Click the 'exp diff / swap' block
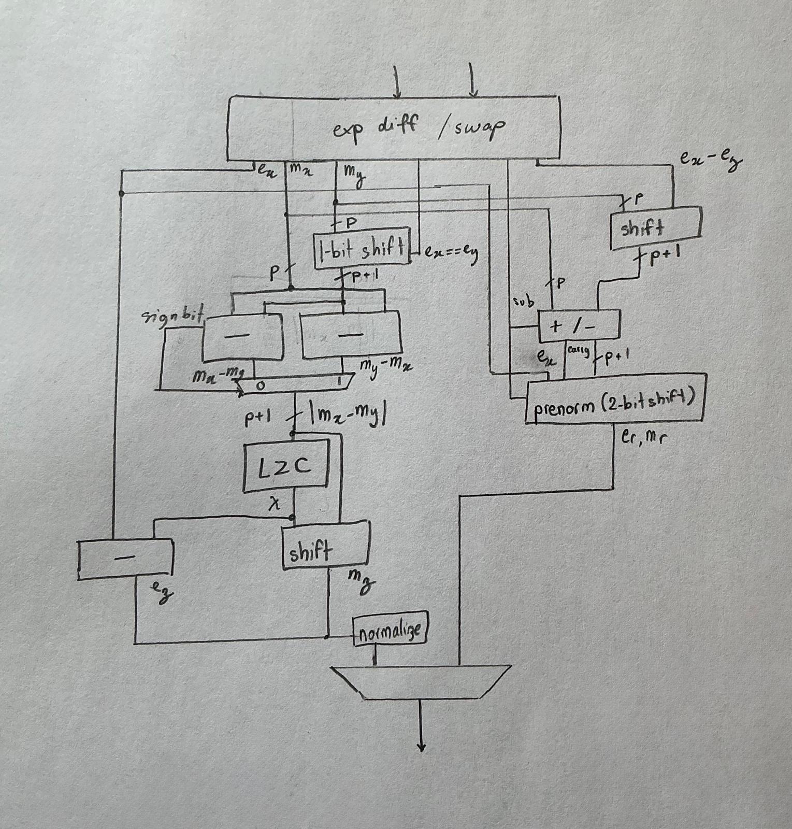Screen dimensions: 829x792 click(394, 127)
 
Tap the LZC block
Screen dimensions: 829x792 click(285, 466)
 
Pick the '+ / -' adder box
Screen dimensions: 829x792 click(579, 326)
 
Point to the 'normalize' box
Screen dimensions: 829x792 click(390, 630)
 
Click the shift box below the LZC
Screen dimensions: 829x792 click(325, 547)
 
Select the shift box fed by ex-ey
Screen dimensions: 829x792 click(656, 228)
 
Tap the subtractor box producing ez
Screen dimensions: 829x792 click(125, 559)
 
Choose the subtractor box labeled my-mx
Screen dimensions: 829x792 click(351, 334)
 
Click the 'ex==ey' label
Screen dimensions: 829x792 click(450, 253)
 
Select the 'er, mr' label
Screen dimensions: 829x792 click(643, 437)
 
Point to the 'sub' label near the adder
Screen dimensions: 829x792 click(523, 301)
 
